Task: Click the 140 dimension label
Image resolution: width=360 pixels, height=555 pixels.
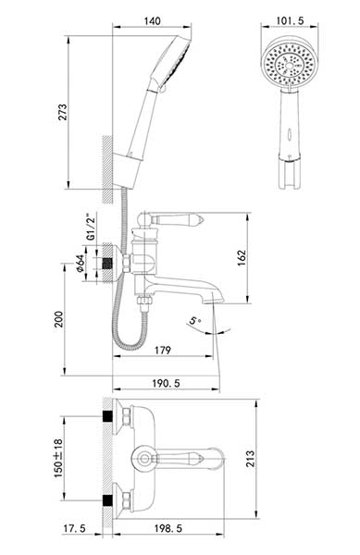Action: [152, 21]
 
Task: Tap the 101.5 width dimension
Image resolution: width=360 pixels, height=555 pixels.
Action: [290, 21]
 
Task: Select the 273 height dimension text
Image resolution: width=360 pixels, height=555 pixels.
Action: [62, 112]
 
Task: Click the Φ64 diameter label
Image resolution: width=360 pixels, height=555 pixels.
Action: [81, 264]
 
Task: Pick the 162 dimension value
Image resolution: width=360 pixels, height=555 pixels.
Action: [242, 258]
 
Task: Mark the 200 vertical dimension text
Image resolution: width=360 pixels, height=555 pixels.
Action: [58, 319]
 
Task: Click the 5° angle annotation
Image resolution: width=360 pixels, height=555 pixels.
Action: [194, 321]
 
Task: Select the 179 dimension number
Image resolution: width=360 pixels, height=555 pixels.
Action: [163, 350]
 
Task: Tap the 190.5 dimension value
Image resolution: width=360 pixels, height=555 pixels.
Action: [166, 383]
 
